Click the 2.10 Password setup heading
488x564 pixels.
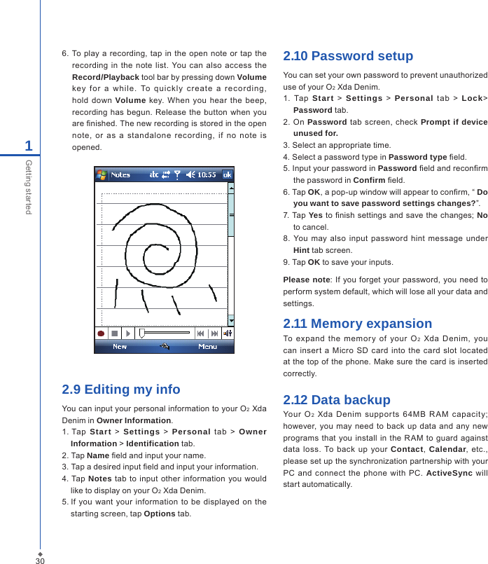coord(348,56)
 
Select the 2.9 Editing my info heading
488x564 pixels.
coord(121,390)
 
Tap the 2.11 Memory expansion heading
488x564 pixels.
coord(357,324)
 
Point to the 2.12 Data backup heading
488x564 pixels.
coord(337,400)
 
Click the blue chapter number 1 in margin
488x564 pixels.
coord(29,146)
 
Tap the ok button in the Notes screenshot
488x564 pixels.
coord(228,174)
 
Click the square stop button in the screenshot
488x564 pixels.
coord(114,333)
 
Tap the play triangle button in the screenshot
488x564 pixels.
coord(127,333)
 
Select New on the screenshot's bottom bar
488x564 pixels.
coord(120,347)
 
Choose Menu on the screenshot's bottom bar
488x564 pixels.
coord(207,347)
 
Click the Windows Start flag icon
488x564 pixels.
coord(102,174)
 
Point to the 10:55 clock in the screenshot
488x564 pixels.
coord(207,174)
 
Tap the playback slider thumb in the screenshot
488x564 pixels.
coord(142,333)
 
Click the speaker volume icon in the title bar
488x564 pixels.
coord(189,174)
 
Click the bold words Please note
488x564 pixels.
coord(306,280)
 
